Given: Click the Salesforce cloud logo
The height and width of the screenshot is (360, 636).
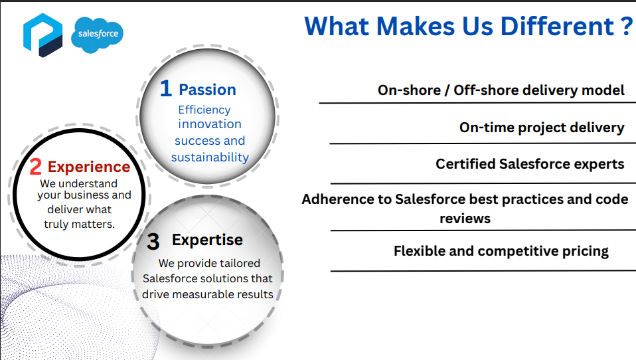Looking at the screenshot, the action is (98, 35).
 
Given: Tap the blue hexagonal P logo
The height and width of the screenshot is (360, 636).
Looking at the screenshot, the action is (43, 35).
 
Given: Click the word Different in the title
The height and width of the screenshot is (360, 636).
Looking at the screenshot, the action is (557, 27).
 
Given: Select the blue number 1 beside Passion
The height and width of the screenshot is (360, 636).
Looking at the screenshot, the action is (165, 88).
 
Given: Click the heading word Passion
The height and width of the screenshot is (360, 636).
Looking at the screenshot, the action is (207, 90).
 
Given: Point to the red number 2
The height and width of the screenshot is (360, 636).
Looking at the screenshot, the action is (36, 167).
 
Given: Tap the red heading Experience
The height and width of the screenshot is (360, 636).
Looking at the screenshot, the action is (89, 167).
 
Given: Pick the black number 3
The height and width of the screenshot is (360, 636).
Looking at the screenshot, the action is (153, 242).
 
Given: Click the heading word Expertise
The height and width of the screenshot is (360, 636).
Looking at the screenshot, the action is (207, 240).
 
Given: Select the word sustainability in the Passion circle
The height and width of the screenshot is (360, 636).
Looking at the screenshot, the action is (210, 157).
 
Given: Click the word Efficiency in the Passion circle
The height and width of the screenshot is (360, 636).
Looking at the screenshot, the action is (204, 110).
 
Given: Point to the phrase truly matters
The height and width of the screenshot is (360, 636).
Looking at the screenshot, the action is (80, 224).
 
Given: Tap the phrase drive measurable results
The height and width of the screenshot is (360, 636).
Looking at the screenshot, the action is (208, 294).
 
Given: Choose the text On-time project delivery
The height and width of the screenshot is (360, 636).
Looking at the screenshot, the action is (542, 128).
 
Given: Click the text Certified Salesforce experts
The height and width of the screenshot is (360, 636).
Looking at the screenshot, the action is (530, 164).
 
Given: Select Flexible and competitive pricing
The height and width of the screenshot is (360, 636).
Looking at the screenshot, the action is (501, 251).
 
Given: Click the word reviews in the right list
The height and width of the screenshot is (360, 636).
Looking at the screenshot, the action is (465, 219).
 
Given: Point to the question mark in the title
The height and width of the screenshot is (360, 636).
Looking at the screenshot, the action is (627, 27).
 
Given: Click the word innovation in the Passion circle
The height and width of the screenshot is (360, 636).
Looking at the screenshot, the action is (210, 124).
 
